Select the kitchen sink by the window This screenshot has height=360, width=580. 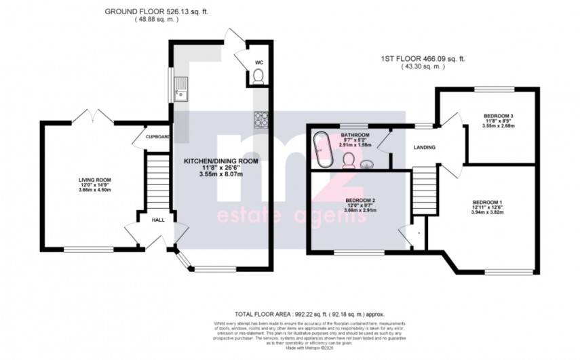(x=182, y=89)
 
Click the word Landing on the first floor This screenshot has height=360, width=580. (x=424, y=147)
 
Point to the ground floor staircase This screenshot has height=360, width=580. (x=157, y=179)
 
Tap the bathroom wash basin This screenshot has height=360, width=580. (x=368, y=163)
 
